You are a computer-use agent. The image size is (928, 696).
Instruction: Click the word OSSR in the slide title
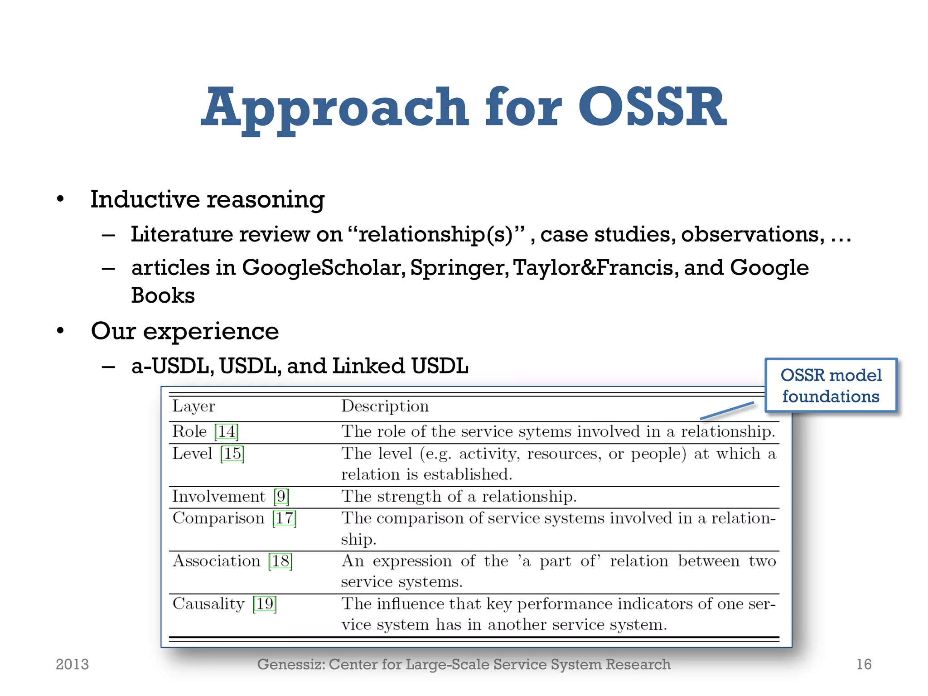click(652, 107)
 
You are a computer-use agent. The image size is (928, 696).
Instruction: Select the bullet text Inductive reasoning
click(208, 199)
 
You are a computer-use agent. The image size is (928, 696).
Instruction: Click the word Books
click(163, 295)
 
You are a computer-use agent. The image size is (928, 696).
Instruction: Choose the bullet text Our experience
click(184, 331)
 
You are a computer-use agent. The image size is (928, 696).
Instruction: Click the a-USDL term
click(172, 366)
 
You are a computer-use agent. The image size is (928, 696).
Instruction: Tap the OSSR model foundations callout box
click(831, 386)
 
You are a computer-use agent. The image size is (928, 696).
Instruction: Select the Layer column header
click(193, 406)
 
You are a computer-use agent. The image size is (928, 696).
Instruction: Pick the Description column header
click(385, 406)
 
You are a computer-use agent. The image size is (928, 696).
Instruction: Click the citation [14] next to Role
click(227, 431)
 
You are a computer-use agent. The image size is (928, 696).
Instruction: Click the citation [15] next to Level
click(232, 454)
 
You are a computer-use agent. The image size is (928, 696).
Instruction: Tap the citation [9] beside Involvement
click(281, 497)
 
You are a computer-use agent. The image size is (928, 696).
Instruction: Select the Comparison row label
click(218, 518)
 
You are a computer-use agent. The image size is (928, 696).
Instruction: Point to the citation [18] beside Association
click(280, 561)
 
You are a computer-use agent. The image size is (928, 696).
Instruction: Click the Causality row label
click(208, 604)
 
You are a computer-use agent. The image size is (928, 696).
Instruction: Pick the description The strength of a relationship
click(459, 497)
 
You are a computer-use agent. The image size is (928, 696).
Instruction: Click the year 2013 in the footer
click(72, 664)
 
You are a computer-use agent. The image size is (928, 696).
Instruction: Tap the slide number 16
click(864, 664)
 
